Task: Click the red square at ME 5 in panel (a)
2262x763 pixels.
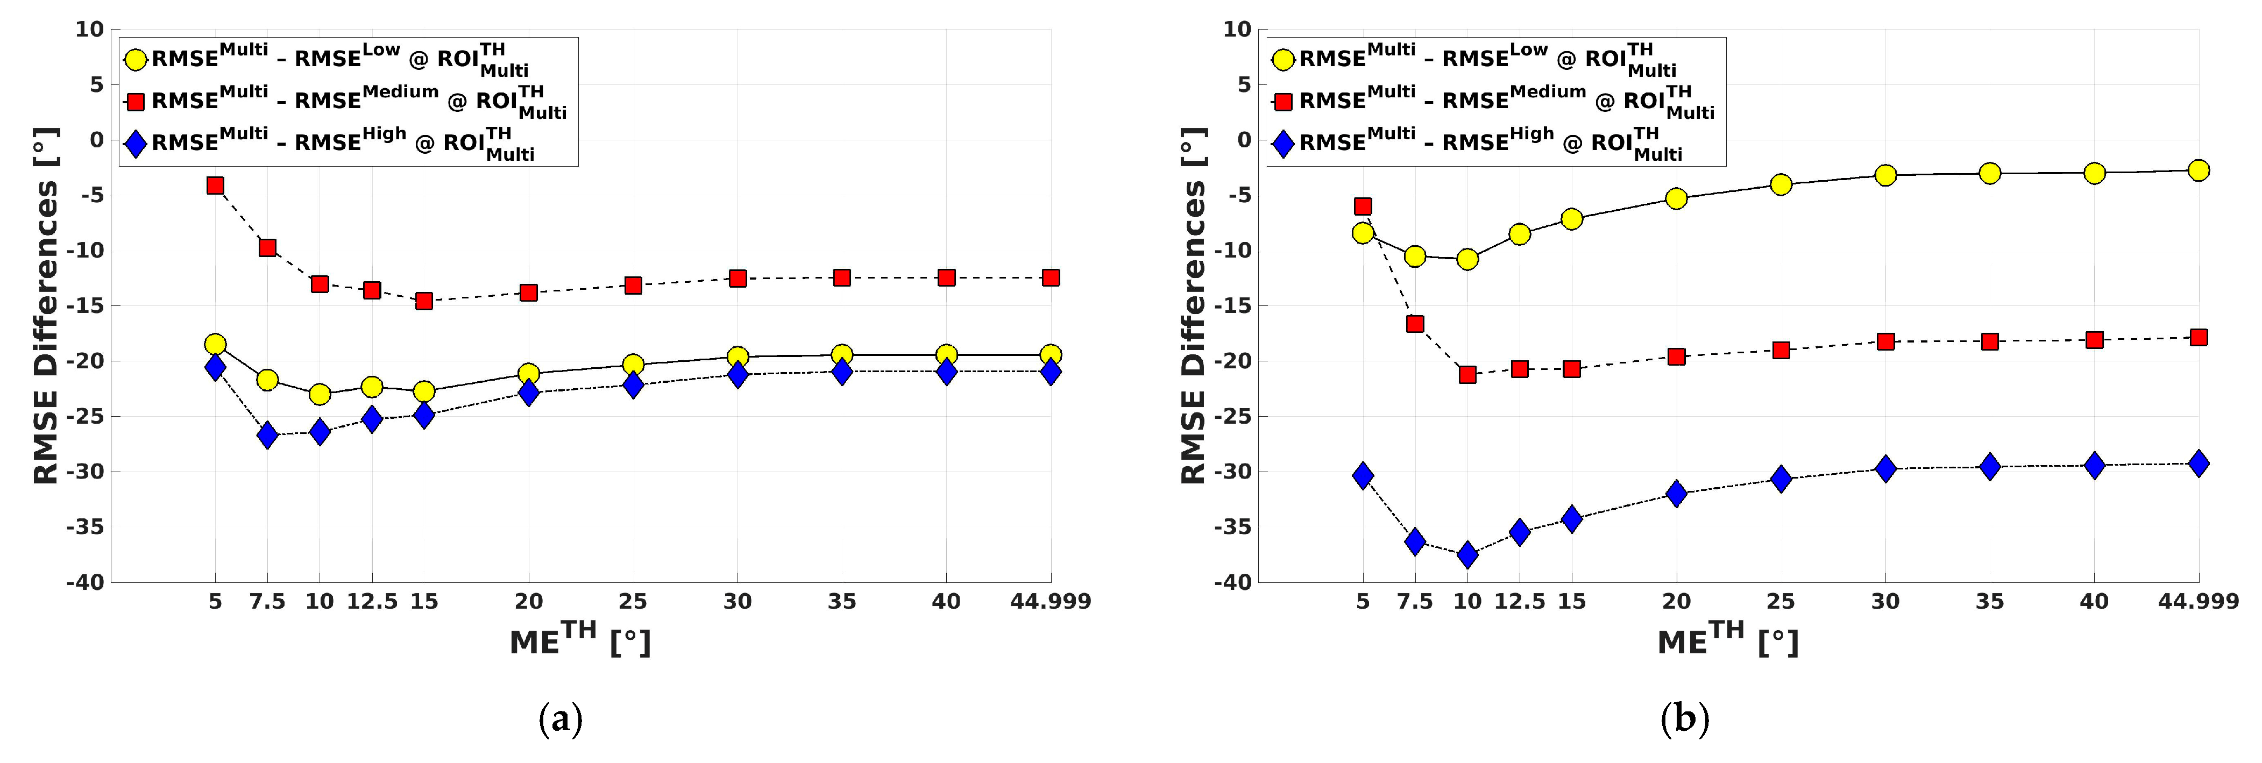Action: [x=215, y=186]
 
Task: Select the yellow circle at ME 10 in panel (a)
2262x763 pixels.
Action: [x=320, y=394]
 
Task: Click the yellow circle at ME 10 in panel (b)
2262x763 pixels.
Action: [x=1467, y=259]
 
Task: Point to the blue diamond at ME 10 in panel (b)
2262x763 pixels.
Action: [x=1467, y=554]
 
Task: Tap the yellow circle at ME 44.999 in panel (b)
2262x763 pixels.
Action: [x=2199, y=170]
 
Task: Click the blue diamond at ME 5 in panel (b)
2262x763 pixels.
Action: [x=1363, y=476]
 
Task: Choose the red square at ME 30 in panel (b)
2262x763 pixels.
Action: [x=1885, y=341]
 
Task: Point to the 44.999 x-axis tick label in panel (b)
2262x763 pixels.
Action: [x=2199, y=602]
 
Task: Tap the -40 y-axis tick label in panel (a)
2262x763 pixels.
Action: [x=84, y=582]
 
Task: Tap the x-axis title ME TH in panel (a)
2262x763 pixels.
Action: [x=579, y=640]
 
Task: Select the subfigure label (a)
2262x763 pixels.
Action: [x=560, y=720]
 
